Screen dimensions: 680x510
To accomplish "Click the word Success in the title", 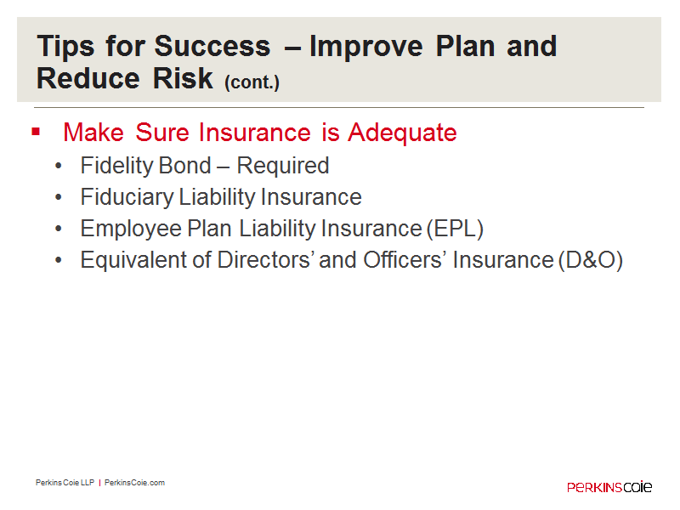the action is pyautogui.click(x=212, y=46).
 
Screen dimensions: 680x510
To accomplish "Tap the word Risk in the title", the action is pyautogui.click(x=183, y=78).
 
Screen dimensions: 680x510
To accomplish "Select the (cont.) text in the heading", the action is pyautogui.click(x=252, y=82).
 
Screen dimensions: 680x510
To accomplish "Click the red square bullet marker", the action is pyautogui.click(x=36, y=132).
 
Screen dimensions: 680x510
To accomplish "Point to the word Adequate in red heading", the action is pyautogui.click(x=402, y=133).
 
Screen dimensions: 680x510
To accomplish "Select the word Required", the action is pyautogui.click(x=283, y=166).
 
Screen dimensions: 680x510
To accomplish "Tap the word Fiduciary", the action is pyautogui.click(x=127, y=197).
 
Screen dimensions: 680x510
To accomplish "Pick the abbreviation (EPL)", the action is pyautogui.click(x=455, y=229).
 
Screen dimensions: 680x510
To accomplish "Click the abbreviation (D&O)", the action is pyautogui.click(x=591, y=260).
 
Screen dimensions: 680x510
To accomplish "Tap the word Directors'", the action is pyautogui.click(x=266, y=260).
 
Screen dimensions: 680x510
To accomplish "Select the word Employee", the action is pyautogui.click(x=131, y=229).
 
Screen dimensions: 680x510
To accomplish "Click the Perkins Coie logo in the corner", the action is pyautogui.click(x=609, y=486).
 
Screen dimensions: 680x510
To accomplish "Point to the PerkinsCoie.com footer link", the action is pyautogui.click(x=134, y=483).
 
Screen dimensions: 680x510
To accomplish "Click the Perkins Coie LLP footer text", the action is pyautogui.click(x=65, y=483).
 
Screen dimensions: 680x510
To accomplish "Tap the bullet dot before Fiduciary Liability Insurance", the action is pyautogui.click(x=59, y=197).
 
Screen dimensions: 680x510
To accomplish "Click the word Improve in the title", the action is pyautogui.click(x=365, y=47).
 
